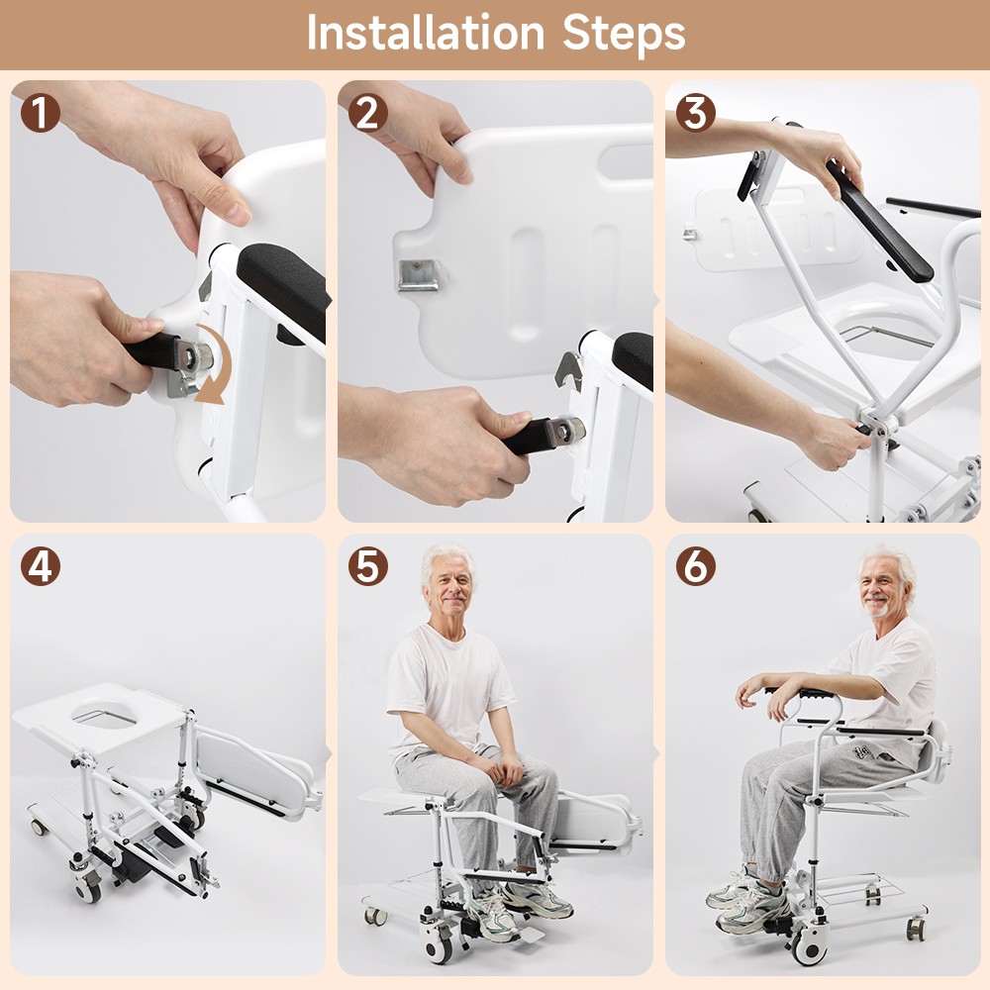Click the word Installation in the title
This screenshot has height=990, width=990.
click(427, 33)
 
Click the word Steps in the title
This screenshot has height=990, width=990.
click(624, 35)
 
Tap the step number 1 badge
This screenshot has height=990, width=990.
click(40, 113)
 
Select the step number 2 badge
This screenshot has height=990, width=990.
click(367, 113)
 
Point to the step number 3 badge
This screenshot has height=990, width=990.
click(695, 113)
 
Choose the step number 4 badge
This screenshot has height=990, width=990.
click(40, 566)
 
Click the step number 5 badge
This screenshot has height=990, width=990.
click(367, 566)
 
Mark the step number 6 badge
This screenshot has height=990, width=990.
click(695, 566)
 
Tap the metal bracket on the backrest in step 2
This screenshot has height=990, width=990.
click(418, 274)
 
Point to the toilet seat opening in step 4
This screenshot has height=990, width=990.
click(112, 716)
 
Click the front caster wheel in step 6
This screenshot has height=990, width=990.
click(810, 947)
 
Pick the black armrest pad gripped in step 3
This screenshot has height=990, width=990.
click(879, 223)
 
